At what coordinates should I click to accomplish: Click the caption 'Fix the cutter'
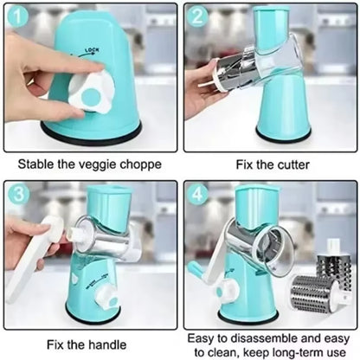tap(268, 162)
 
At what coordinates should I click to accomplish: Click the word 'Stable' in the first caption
tap(35, 162)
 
